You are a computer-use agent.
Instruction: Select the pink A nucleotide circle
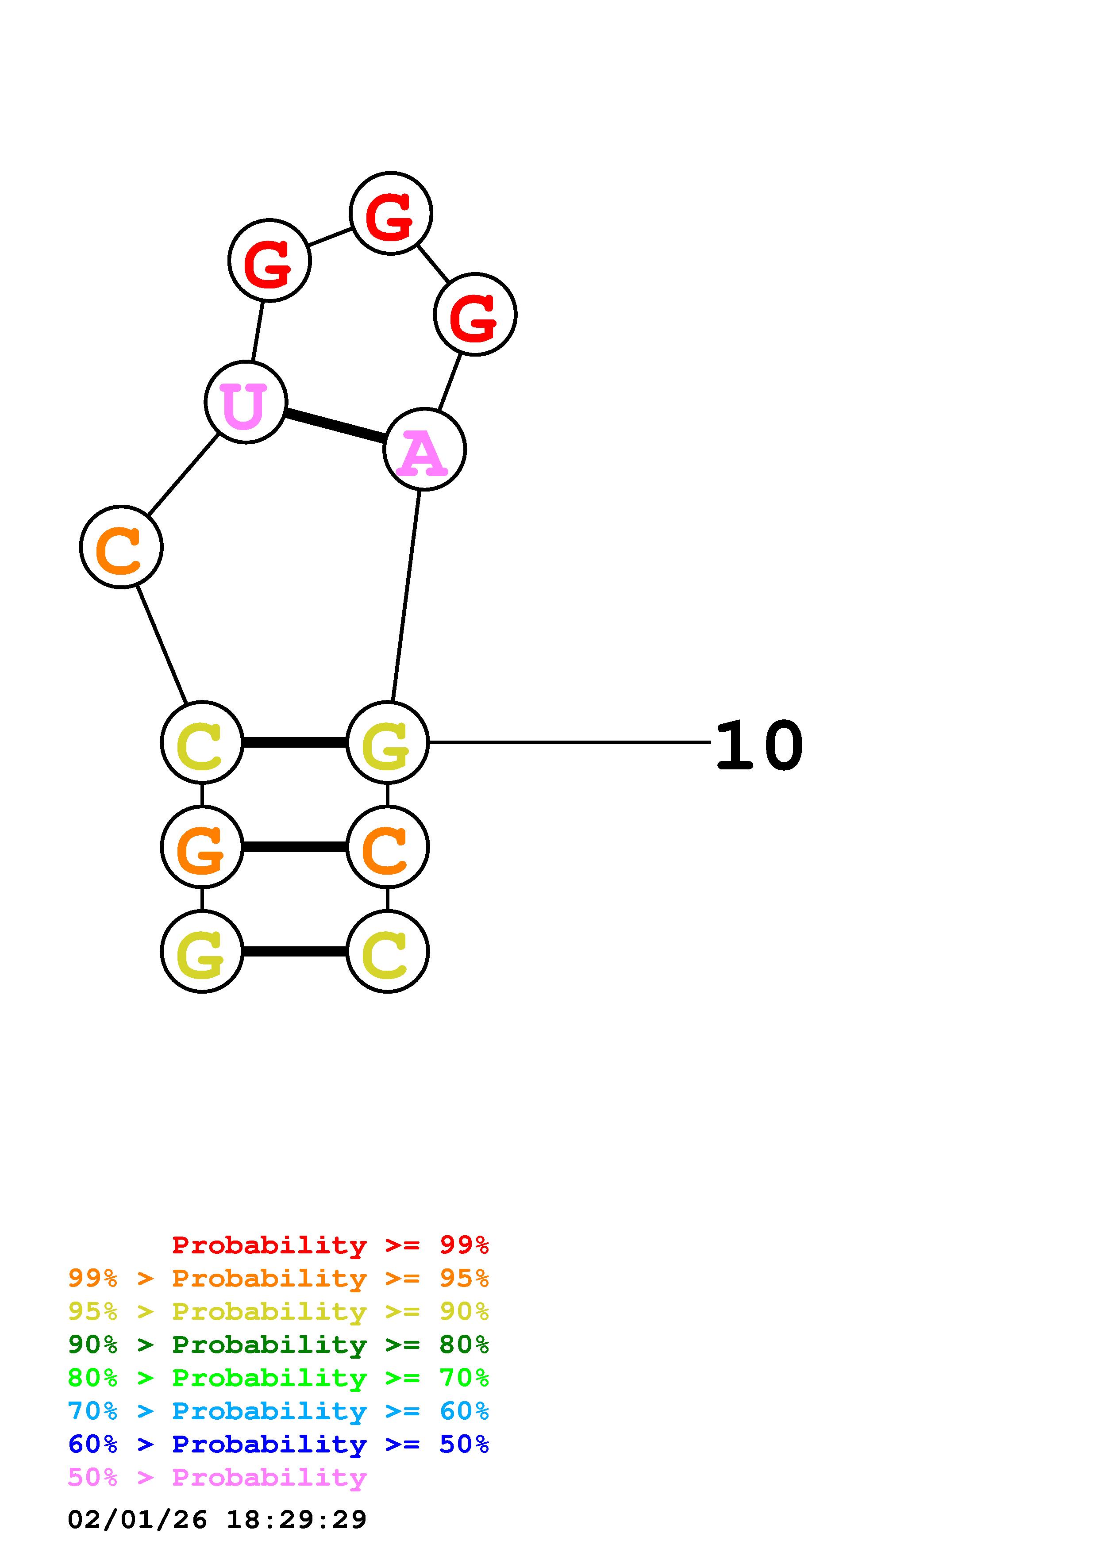coord(424,449)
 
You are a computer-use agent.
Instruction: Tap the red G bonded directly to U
coord(269,260)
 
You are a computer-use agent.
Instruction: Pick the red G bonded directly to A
coord(475,314)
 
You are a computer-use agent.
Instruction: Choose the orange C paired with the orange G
coord(387,847)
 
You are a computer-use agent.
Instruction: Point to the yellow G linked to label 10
coord(387,743)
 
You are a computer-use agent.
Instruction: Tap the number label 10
coord(758,745)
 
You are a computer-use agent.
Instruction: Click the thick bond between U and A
coord(335,426)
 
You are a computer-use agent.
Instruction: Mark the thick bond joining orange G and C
coord(295,847)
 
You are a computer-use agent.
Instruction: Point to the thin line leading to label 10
coord(568,742)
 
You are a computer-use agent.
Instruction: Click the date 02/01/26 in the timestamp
coord(137,1520)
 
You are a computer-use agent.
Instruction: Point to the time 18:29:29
coord(296,1520)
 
